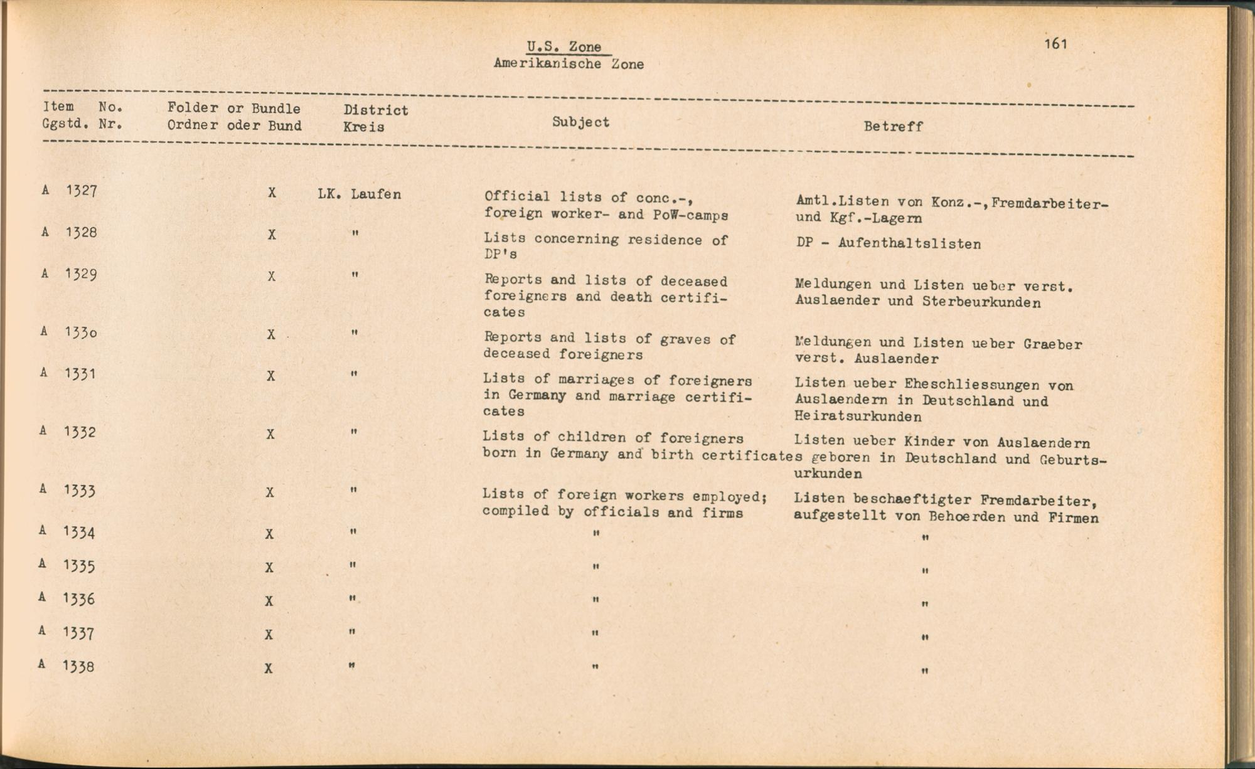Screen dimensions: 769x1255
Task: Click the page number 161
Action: (1056, 43)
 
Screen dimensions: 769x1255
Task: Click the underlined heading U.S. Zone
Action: (564, 47)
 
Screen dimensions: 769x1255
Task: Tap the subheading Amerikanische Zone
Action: (569, 64)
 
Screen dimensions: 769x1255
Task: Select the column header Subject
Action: (580, 122)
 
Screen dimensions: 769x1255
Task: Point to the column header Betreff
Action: (893, 127)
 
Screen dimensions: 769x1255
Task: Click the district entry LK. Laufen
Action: (359, 194)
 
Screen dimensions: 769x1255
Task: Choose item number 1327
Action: (81, 191)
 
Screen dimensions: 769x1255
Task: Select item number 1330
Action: (80, 332)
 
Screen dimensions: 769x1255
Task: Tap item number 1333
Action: (79, 491)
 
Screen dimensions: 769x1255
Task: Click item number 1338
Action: (78, 666)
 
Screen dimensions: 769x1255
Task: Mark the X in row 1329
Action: (271, 277)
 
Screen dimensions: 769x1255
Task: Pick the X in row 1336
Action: (269, 601)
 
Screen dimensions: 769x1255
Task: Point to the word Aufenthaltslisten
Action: (909, 244)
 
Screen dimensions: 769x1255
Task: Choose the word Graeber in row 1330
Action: (1052, 344)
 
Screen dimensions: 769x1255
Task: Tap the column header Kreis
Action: (363, 127)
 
